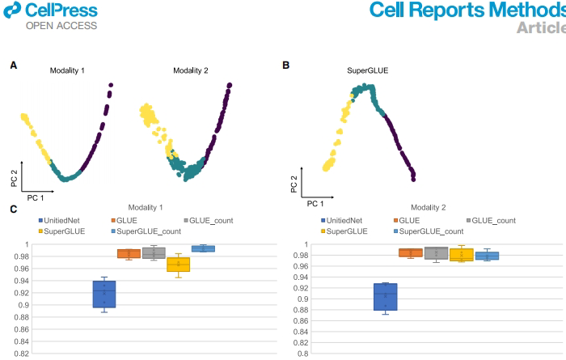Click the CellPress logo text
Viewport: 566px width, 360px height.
61,11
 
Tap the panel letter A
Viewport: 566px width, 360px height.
13,63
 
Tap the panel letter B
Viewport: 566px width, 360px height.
285,63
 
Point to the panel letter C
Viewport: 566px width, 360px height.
13,210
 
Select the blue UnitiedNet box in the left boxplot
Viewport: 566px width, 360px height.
104,294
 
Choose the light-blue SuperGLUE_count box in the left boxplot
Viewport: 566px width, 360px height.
203,248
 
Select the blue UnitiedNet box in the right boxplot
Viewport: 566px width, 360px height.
385,296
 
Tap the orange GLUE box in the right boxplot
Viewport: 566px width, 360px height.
411,252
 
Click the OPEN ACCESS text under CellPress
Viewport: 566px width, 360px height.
61,26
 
